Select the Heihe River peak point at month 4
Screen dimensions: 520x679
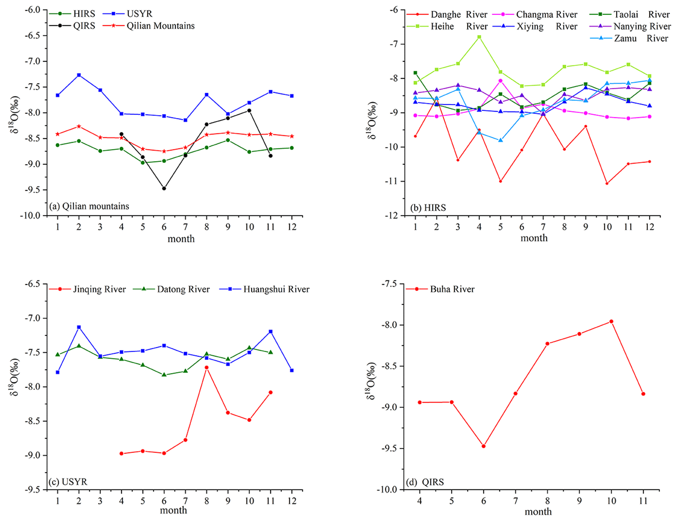pyautogui.click(x=479, y=37)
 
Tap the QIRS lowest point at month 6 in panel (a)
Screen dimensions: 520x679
pyautogui.click(x=164, y=189)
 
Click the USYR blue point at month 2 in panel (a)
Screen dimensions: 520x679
pyautogui.click(x=79, y=75)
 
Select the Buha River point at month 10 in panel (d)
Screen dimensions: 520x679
pyautogui.click(x=611, y=321)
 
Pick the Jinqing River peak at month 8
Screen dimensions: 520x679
pyautogui.click(x=207, y=367)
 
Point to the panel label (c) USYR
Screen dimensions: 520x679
pyautogui.click(x=68, y=482)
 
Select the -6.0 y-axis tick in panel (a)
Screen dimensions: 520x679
pyautogui.click(x=33, y=10)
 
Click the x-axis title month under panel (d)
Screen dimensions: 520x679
pyautogui.click(x=538, y=512)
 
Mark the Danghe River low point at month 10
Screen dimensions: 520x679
pyautogui.click(x=607, y=184)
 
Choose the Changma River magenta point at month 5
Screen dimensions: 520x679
pyautogui.click(x=500, y=81)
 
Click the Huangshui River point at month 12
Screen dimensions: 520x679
pyautogui.click(x=292, y=371)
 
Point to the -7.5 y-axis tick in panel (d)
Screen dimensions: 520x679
pyautogui.click(x=388, y=284)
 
